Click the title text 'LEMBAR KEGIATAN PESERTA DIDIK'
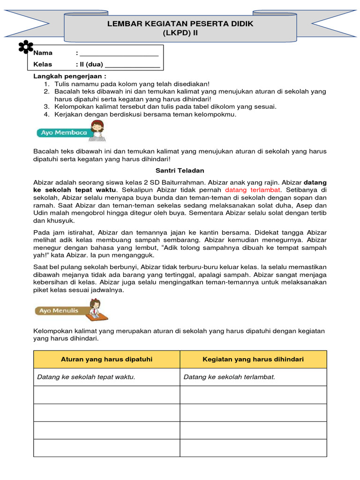[180, 24]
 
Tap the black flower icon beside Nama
[26, 47]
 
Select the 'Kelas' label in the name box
[43, 64]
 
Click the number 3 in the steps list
[46, 106]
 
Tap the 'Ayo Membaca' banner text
[64, 133]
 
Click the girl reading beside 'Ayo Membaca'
[97, 130]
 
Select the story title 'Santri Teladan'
[180, 171]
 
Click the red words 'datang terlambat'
[253, 190]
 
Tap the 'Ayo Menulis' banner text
[59, 310]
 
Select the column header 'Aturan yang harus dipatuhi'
[107, 359]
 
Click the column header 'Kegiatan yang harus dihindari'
[253, 359]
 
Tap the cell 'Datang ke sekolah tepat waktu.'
[86, 377]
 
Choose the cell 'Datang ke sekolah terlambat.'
[229, 377]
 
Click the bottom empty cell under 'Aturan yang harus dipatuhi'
[107, 448]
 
